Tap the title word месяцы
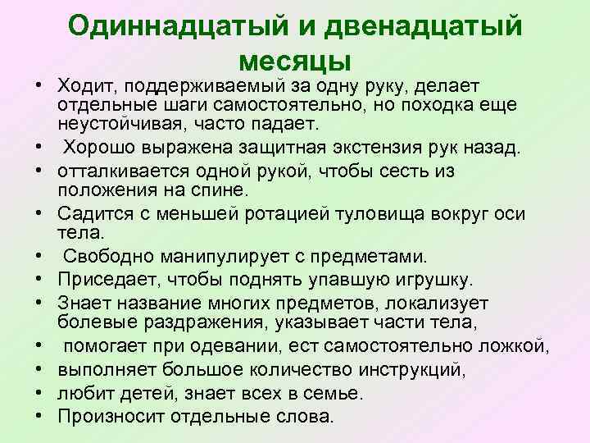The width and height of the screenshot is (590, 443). click(x=295, y=61)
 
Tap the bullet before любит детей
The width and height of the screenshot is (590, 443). click(x=39, y=393)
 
